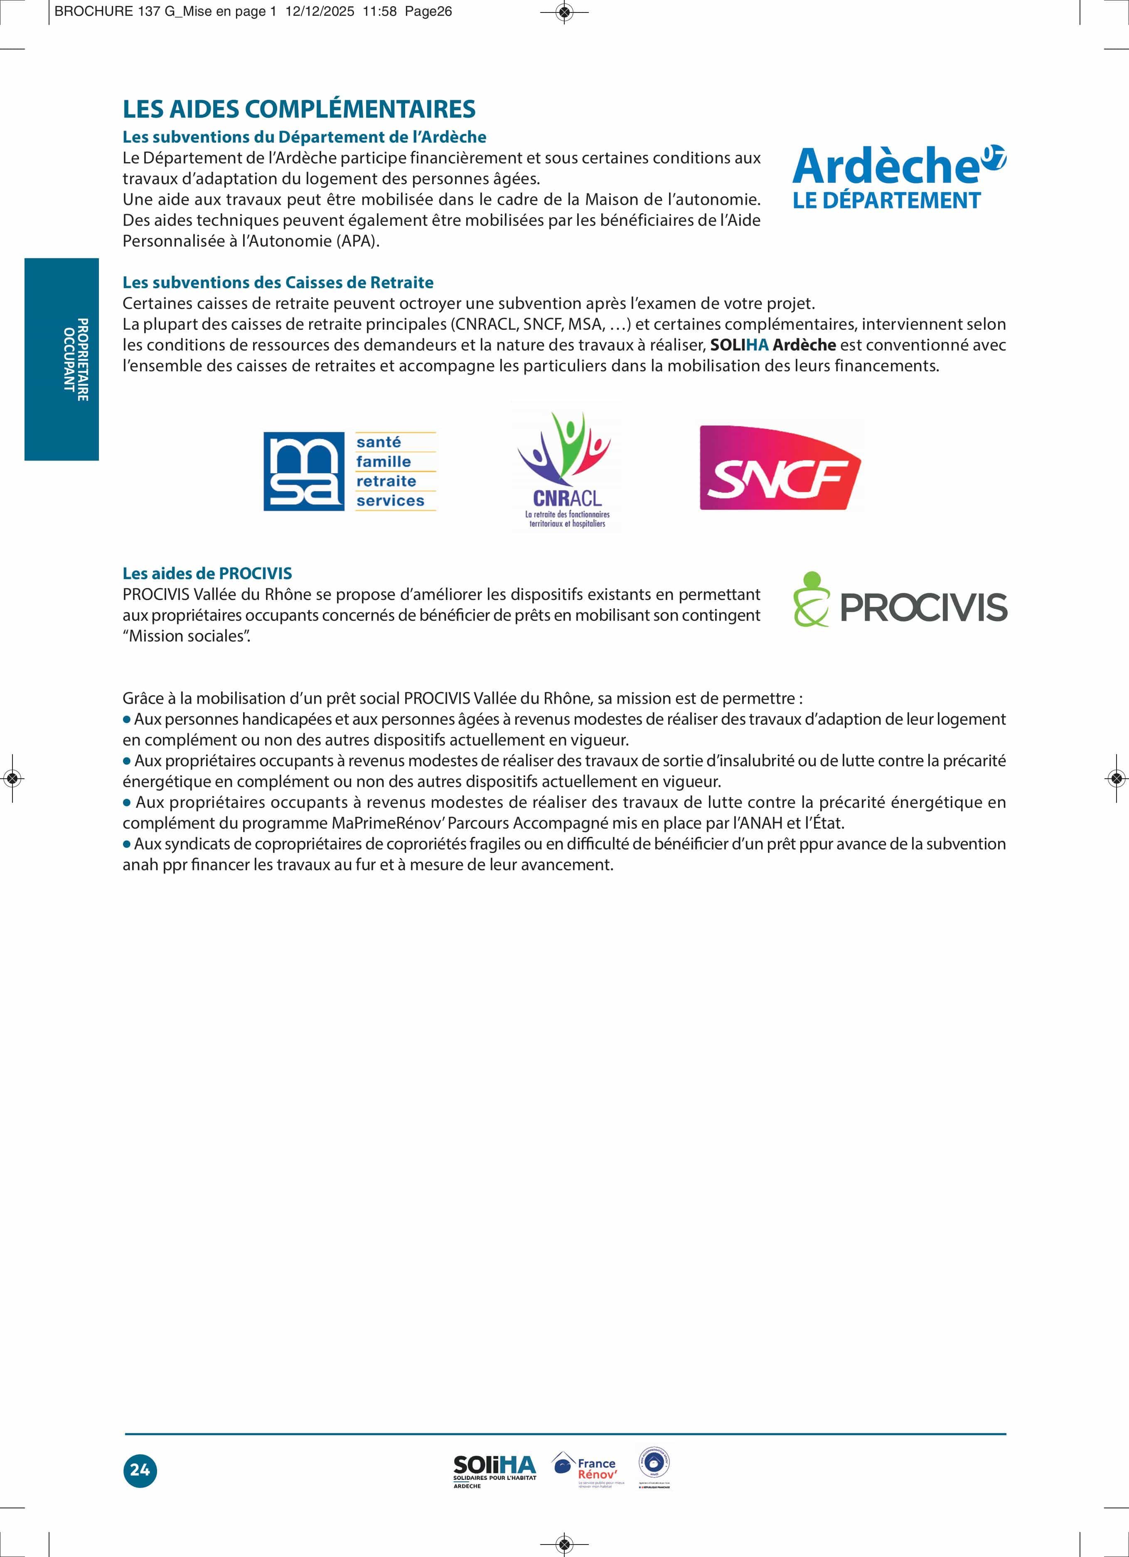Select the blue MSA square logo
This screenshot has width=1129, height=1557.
[303, 471]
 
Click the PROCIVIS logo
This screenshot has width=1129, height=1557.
[900, 600]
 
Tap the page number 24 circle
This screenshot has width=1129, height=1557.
[140, 1470]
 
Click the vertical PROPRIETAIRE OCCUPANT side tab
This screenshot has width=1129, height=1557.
[62, 359]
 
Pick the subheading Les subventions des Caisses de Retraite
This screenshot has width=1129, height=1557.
[278, 283]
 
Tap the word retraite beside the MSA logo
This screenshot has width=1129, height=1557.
[386, 481]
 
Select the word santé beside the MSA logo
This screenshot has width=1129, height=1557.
[378, 442]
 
